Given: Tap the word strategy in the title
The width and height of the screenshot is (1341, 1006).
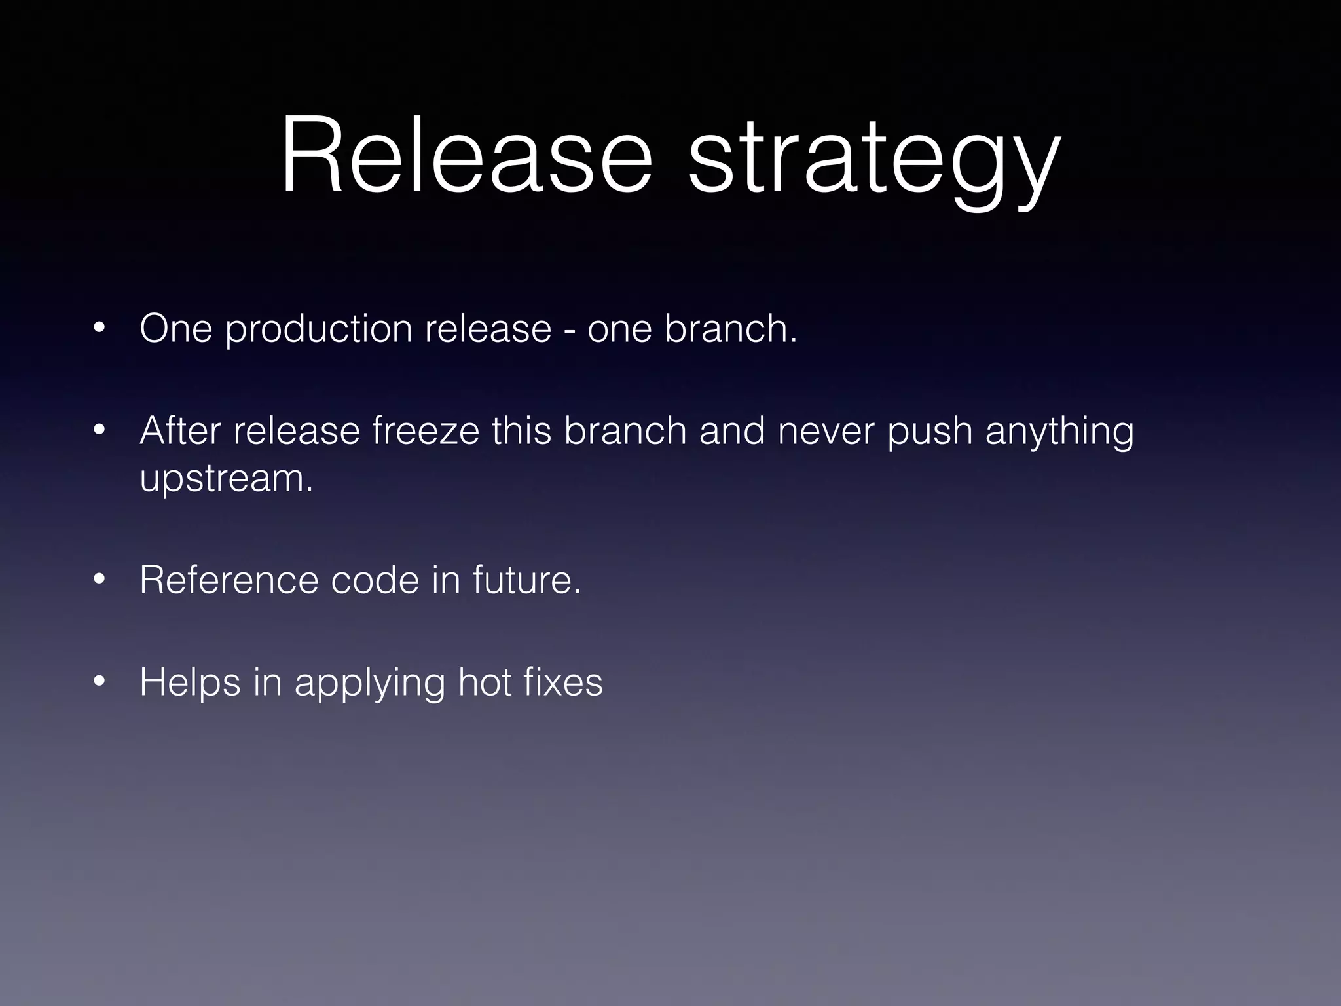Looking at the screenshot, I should click(x=874, y=160).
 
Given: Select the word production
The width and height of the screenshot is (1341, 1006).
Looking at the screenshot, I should click(x=319, y=329).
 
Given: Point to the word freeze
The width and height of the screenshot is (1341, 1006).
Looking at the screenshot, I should click(x=426, y=431).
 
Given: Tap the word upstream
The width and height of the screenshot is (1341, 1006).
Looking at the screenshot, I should click(x=226, y=480).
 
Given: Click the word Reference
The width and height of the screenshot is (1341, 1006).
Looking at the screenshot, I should click(x=229, y=580).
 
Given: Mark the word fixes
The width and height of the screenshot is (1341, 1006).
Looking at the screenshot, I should click(x=563, y=682).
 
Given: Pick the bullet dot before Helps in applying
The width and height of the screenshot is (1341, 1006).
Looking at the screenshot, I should click(x=100, y=682).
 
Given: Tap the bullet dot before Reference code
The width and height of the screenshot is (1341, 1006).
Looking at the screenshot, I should click(x=100, y=579).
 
